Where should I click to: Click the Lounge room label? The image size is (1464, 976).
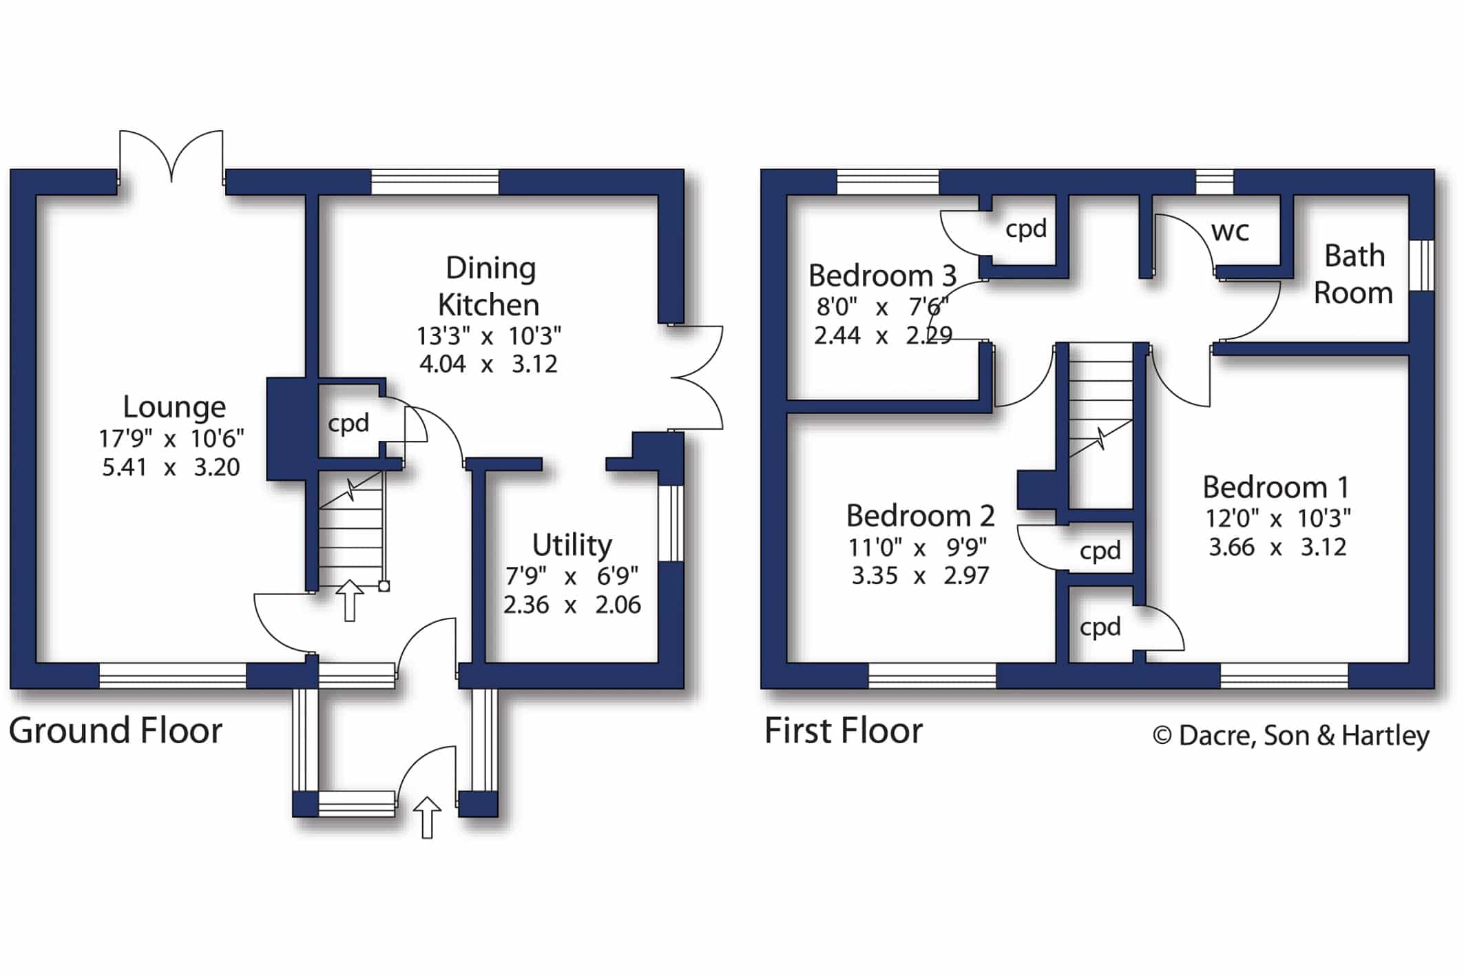[x=174, y=407]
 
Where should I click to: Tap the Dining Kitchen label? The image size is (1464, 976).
[x=490, y=287]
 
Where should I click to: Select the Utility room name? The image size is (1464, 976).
[x=572, y=546]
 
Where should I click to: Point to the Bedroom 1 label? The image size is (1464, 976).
[x=1276, y=488]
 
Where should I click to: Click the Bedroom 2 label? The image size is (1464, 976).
[x=920, y=516]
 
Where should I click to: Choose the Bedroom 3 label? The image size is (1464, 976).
[x=882, y=276]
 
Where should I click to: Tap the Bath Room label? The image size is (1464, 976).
[x=1354, y=274]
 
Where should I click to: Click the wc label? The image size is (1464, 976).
[x=1230, y=231]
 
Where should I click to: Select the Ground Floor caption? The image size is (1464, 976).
[x=115, y=731]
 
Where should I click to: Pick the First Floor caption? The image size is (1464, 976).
[x=844, y=731]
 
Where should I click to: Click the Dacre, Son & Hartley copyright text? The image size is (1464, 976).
[x=1291, y=736]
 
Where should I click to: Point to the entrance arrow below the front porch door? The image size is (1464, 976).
[x=427, y=818]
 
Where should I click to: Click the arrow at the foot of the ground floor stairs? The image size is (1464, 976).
[x=350, y=601]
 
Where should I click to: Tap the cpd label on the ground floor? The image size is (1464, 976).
[x=348, y=424]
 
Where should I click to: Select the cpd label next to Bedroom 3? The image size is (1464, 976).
[x=1026, y=229]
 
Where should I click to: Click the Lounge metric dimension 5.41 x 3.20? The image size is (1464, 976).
[x=171, y=468]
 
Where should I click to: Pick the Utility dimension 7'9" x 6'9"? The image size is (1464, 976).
[x=572, y=575]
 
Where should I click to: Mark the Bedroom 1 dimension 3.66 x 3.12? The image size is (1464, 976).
[x=1277, y=548]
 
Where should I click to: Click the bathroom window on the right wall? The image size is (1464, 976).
[x=1421, y=265]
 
